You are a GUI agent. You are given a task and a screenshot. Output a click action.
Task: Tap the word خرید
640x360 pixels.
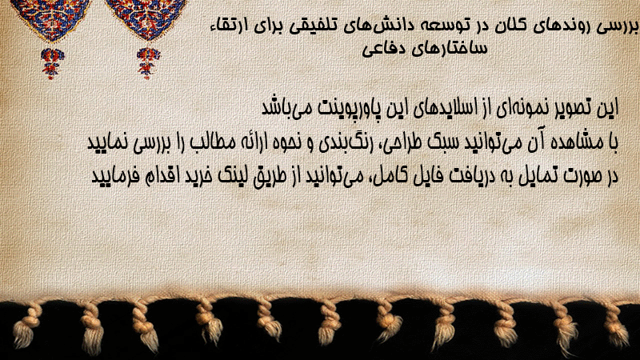click(x=197, y=176)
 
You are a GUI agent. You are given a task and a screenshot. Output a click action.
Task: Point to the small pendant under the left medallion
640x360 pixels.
click(x=52, y=63)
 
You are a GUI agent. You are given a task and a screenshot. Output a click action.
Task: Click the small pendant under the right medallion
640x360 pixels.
click(x=148, y=63)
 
